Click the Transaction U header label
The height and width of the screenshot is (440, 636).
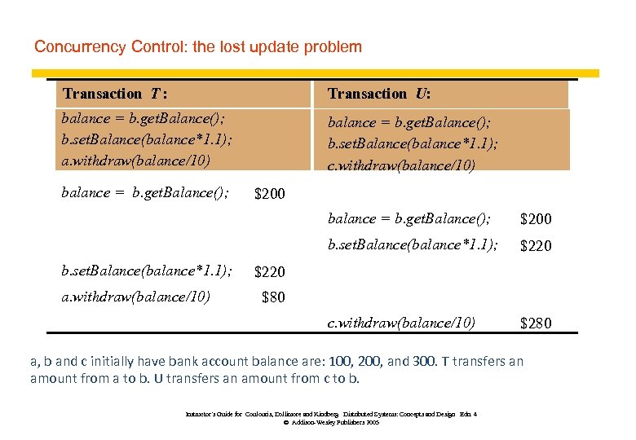(x=379, y=94)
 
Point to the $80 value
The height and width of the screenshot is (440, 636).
(x=273, y=297)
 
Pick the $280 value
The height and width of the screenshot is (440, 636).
(x=536, y=323)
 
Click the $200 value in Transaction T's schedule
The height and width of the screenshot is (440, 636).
(x=270, y=194)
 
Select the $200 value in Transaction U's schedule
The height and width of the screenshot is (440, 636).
(x=536, y=218)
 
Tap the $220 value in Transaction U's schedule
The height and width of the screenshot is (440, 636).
(x=536, y=245)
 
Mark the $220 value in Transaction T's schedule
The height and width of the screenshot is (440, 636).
(x=270, y=271)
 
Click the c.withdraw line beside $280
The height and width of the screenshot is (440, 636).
(x=401, y=323)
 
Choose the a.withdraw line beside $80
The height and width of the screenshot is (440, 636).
(x=135, y=297)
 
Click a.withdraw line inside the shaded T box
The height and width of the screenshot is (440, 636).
(x=135, y=160)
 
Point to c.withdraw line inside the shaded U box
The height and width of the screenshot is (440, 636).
(x=401, y=165)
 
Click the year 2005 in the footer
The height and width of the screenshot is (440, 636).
(x=372, y=423)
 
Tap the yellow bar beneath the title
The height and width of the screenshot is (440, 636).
(x=326, y=73)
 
